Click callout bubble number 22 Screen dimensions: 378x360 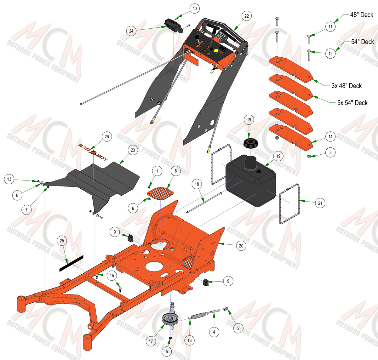point(247,16)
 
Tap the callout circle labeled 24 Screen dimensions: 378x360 point(131,31)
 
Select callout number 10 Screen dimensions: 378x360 point(195,9)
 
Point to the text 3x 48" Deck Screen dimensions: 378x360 point(346,86)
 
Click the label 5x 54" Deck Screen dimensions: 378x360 point(352,103)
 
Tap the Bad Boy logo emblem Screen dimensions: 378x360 point(93,152)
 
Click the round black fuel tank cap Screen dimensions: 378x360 point(250,143)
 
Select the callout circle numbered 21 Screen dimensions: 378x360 point(320,203)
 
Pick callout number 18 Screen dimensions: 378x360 point(197,184)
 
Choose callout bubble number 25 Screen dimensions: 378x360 point(62,241)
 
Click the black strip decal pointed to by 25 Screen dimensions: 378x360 point(71,263)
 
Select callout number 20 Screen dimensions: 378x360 point(241,246)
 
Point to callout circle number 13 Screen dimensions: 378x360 point(9,179)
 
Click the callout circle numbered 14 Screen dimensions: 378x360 point(330,137)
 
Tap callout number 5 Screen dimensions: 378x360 point(167,351)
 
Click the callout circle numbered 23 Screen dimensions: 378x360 point(133,150)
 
